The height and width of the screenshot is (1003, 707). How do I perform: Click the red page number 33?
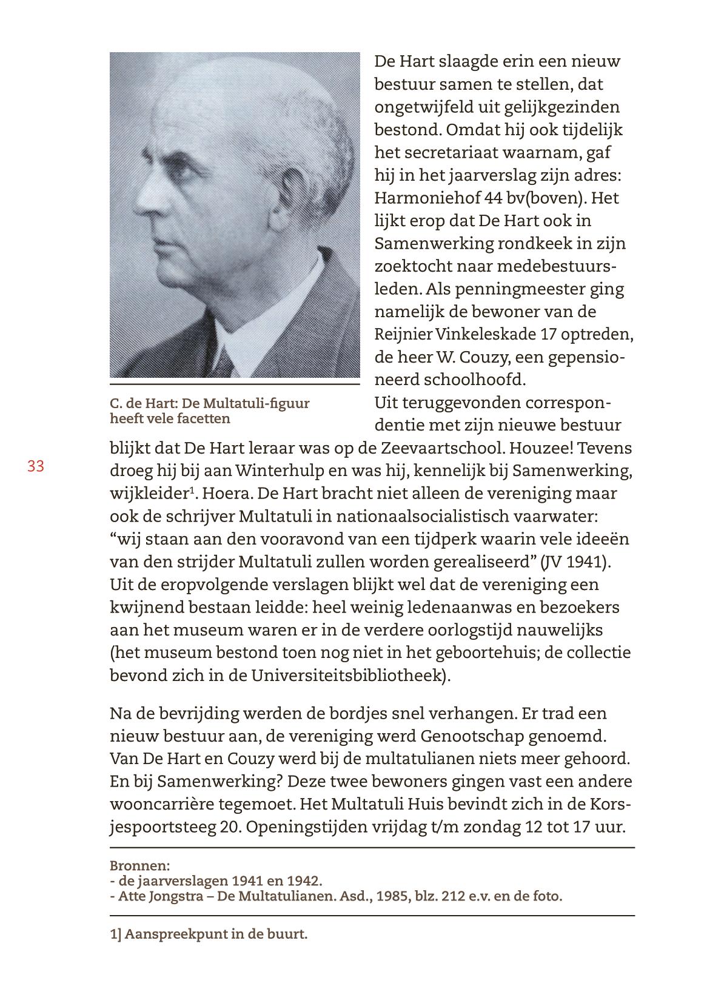tap(36, 466)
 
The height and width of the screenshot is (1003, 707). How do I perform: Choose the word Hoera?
tap(226, 494)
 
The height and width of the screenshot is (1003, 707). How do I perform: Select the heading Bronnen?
tap(139, 865)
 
